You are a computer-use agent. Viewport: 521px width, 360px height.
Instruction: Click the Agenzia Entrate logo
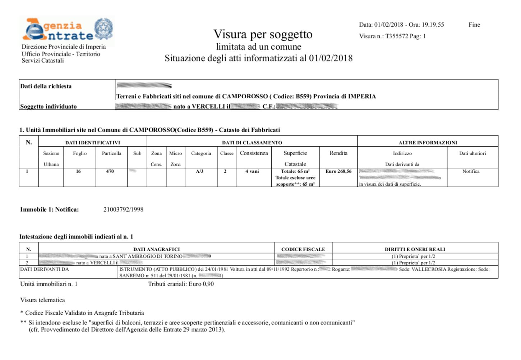point(68,29)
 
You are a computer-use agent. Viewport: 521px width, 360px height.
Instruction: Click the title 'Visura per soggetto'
point(263,34)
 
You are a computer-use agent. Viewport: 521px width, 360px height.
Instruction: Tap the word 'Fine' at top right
point(474,25)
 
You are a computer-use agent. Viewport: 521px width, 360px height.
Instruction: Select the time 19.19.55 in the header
point(433,25)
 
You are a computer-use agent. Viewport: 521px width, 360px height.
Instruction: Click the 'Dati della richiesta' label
point(46,86)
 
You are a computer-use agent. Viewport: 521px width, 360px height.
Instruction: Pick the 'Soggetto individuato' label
point(49,106)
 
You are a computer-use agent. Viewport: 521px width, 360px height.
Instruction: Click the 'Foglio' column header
point(80,153)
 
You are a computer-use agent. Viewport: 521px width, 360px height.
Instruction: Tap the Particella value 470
point(110,171)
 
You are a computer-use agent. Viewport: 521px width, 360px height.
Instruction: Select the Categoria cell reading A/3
point(200,171)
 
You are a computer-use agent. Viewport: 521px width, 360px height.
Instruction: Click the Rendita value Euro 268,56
point(338,171)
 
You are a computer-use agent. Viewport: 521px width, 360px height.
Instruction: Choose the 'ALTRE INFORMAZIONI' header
point(428,143)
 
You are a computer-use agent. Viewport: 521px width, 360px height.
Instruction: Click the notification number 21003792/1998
point(123,209)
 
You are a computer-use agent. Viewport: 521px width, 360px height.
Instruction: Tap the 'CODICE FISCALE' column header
point(303,249)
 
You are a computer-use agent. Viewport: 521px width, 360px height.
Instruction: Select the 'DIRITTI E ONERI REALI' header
point(415,249)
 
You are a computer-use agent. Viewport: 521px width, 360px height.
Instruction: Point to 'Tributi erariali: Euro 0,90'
point(181,284)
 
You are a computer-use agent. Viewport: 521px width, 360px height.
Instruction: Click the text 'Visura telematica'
point(43,300)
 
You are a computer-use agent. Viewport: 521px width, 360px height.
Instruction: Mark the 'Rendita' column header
point(338,153)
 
